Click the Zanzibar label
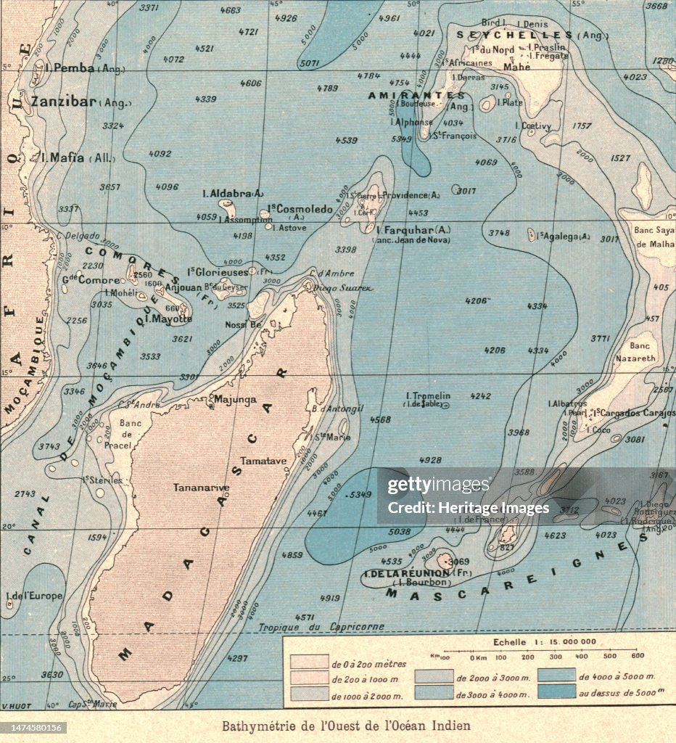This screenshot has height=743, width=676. point(64,102)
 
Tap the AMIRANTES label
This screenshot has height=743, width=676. point(416,96)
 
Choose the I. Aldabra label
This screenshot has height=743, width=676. point(232,194)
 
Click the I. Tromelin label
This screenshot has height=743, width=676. point(428,396)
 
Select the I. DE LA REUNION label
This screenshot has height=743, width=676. point(406,573)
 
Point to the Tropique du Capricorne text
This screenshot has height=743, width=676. point(321,627)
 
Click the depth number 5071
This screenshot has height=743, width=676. point(309,64)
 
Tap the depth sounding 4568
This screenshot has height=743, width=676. point(380,419)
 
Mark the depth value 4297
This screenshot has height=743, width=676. point(237,659)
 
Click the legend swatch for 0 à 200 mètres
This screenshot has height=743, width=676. point(309,662)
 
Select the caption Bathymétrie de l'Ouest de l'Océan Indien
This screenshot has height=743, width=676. point(346,726)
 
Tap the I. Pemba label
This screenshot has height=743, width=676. point(69,67)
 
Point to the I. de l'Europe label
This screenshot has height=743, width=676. point(34,596)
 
